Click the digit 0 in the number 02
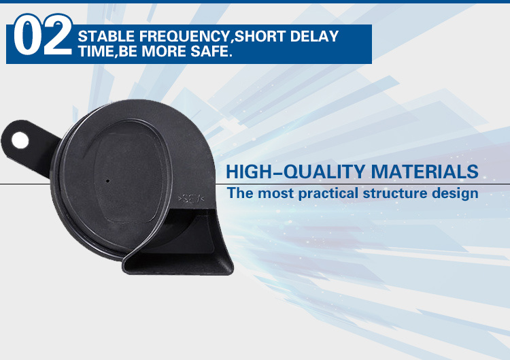(27, 35)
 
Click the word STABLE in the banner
(106, 37)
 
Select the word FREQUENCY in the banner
(184, 37)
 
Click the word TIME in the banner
(96, 52)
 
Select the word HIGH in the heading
(248, 171)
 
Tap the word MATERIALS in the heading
(425, 171)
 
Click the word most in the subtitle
(275, 193)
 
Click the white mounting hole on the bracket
(20, 140)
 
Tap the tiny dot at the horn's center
(108, 181)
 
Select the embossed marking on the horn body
(191, 198)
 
